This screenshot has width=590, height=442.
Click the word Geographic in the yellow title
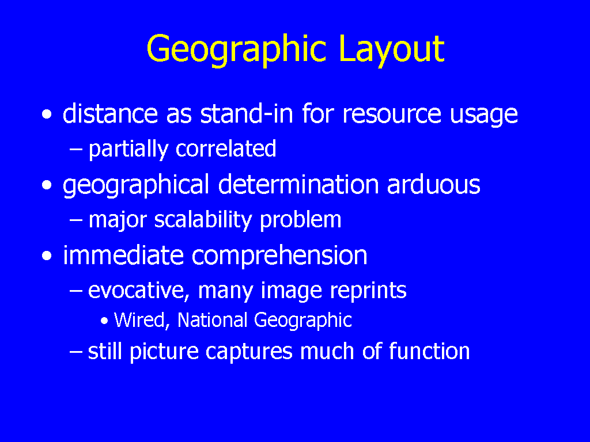tap(236, 50)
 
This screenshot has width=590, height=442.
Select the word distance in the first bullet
tap(110, 113)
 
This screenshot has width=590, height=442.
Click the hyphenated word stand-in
tap(247, 113)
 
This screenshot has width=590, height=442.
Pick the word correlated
tap(226, 148)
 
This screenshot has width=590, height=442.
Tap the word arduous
tap(433, 184)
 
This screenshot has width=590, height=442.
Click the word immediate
tap(123, 256)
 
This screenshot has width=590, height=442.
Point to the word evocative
tap(139, 291)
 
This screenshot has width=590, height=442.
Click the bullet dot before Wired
tap(105, 321)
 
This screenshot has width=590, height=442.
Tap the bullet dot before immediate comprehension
tap(47, 256)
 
